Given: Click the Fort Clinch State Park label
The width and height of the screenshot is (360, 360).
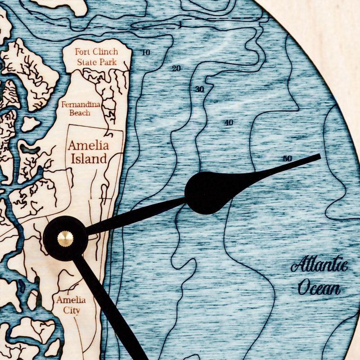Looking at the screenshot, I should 96,56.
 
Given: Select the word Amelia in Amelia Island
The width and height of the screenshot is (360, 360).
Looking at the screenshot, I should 88,146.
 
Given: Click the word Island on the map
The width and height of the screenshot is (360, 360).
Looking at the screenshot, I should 89,158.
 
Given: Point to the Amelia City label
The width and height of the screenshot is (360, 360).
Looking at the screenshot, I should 71,305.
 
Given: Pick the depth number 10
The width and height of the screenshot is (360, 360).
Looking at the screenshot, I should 145,53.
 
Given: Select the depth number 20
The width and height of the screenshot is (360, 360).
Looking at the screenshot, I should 176,69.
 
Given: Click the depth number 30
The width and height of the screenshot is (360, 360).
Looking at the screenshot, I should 200,89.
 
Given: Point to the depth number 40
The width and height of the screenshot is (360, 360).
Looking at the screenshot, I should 229,122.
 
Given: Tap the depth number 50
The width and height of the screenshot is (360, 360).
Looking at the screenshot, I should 288,158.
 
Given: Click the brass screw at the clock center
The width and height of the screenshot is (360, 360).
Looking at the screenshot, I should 65,238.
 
